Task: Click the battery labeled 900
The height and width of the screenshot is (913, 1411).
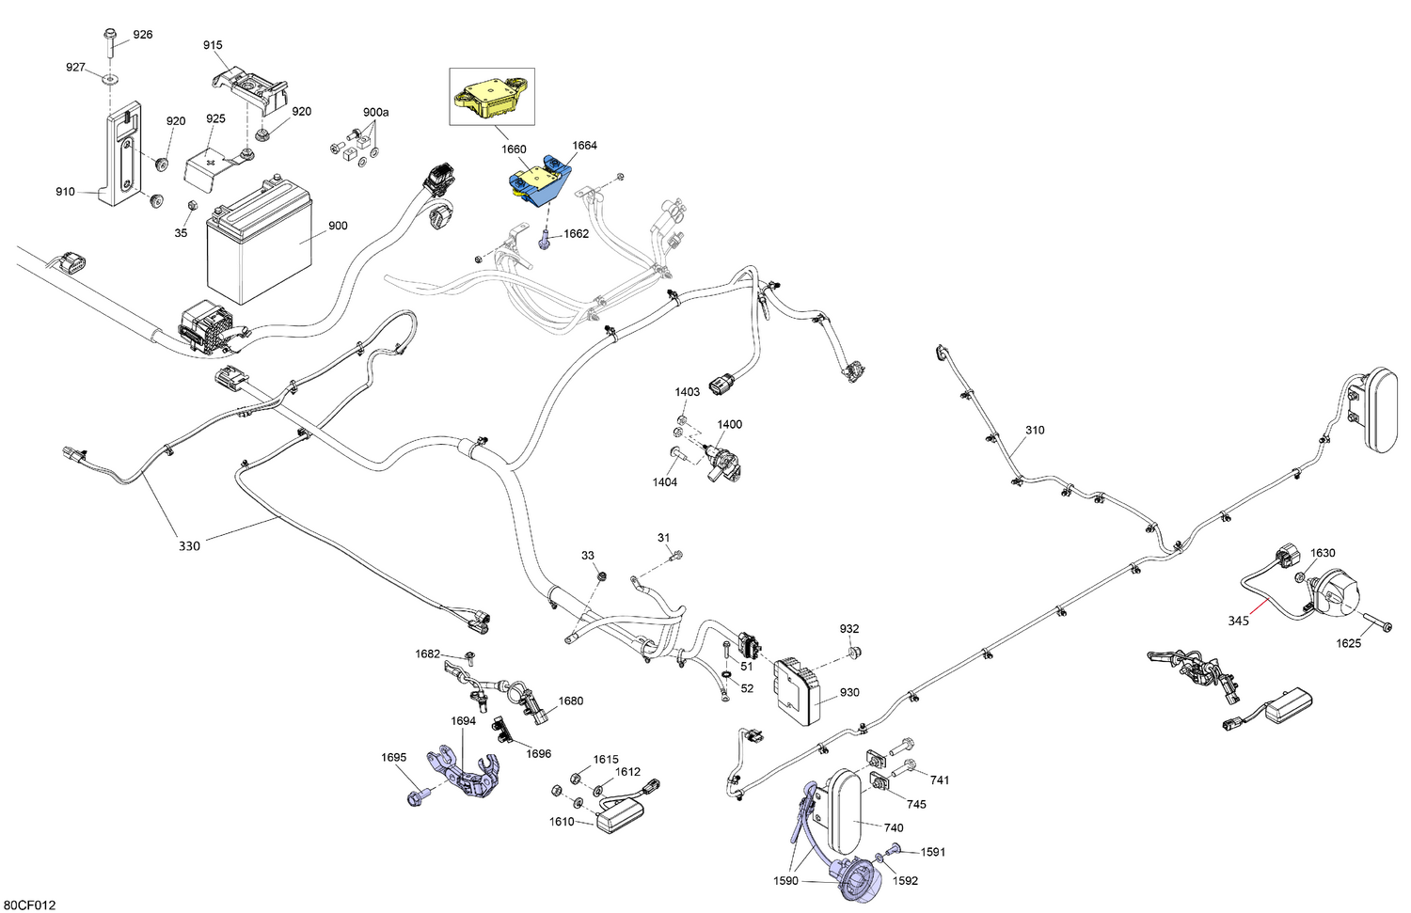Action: tap(259, 243)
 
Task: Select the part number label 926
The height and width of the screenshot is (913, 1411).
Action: tap(142, 35)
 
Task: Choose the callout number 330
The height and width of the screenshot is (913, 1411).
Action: tap(189, 546)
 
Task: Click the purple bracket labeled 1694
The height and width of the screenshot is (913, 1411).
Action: tap(465, 773)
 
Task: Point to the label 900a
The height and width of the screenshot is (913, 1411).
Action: tap(375, 112)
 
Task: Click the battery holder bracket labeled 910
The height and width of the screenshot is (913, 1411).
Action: tap(121, 157)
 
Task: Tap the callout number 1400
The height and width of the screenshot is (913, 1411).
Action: tap(729, 424)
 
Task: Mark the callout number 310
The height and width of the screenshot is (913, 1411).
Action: tap(1035, 430)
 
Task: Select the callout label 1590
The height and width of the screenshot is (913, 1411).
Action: tap(786, 881)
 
